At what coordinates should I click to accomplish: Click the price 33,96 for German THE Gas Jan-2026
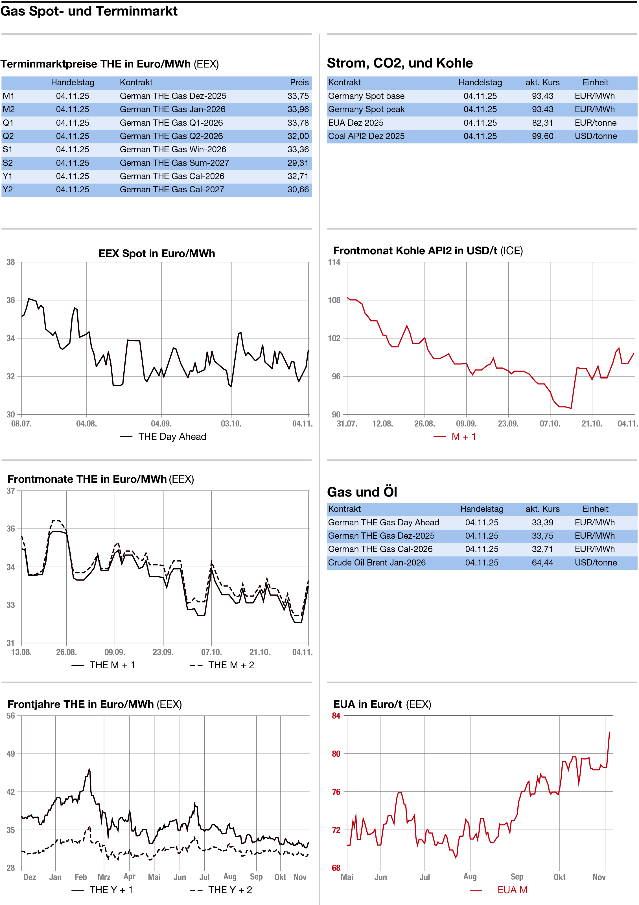pyautogui.click(x=298, y=110)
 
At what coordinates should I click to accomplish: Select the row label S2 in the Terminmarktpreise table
pyautogui.click(x=8, y=163)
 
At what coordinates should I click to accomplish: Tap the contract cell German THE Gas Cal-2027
pyautogui.click(x=172, y=190)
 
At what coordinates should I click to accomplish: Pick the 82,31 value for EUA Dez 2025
pyautogui.click(x=542, y=123)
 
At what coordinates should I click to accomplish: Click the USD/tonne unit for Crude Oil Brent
pyautogui.click(x=595, y=562)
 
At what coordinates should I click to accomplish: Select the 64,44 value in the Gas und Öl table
pyautogui.click(x=542, y=562)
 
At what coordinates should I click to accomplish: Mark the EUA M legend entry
pyautogui.click(x=512, y=890)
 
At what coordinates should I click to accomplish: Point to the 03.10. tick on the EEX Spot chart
pyautogui.click(x=231, y=424)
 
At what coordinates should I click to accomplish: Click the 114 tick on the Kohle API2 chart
pyautogui.click(x=334, y=262)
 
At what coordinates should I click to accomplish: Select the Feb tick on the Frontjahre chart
pyautogui.click(x=81, y=877)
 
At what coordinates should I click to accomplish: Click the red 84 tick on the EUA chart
pyautogui.click(x=336, y=716)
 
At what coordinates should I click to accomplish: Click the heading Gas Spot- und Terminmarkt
pyautogui.click(x=89, y=11)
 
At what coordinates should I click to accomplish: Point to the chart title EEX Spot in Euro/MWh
pyautogui.click(x=156, y=253)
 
